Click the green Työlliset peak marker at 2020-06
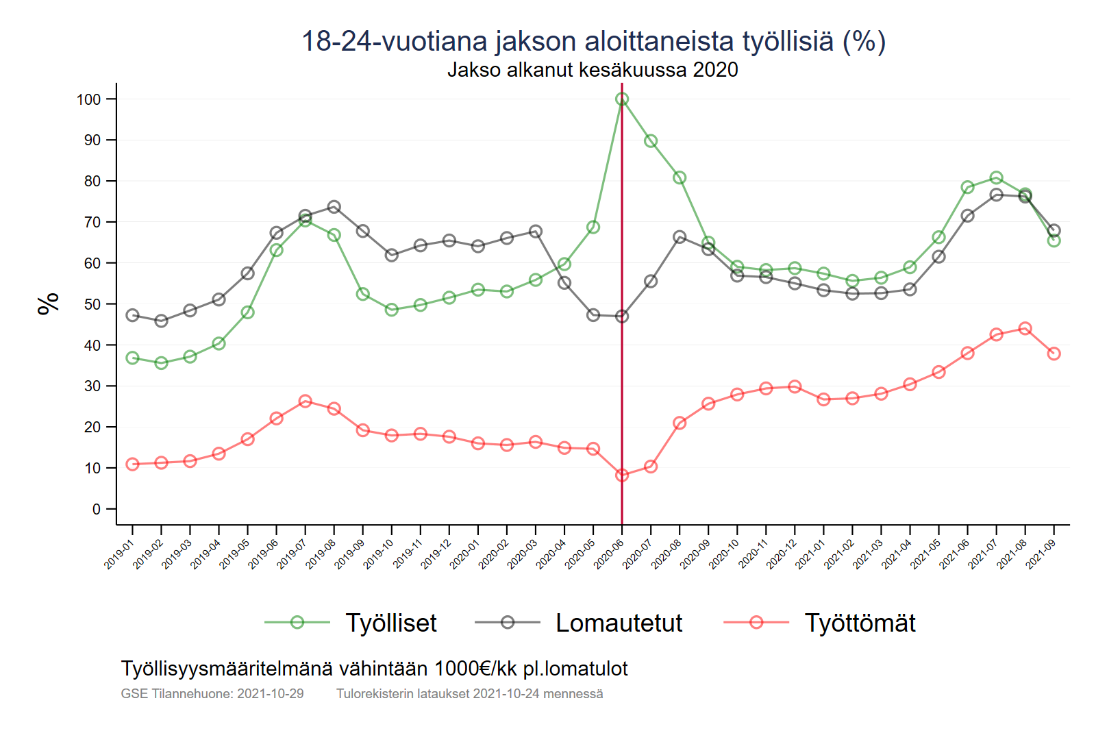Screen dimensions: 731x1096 point(622,99)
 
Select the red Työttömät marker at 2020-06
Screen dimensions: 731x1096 point(622,475)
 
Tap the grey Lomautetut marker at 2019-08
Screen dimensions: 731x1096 point(334,207)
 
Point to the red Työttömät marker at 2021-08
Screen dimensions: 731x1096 point(1025,329)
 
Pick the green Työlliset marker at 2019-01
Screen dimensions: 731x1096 point(133,358)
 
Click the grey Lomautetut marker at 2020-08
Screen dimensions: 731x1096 point(680,237)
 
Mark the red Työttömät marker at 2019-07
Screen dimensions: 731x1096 point(306,401)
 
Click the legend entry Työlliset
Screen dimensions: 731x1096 point(390,623)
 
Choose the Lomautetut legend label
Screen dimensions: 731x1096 point(619,623)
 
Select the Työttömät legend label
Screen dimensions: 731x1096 point(860,623)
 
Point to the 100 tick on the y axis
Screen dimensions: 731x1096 point(88,99)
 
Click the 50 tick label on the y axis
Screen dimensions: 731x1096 point(92,304)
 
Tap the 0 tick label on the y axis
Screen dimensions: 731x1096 point(96,509)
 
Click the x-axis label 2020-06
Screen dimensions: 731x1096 point(608,554)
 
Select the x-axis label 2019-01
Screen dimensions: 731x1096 point(119,554)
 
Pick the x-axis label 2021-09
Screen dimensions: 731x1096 point(1040,554)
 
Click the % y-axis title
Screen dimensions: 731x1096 point(49,303)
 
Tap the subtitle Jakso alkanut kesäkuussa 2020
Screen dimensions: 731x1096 point(593,70)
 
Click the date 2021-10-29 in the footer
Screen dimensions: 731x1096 point(271,693)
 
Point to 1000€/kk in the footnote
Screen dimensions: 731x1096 point(475,669)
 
